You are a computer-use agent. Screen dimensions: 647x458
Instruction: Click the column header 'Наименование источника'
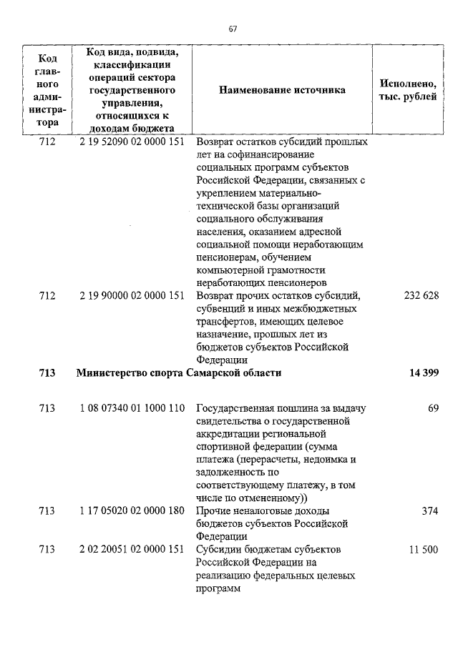coord(282,91)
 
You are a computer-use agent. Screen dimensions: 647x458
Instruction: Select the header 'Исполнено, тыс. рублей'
coord(407,91)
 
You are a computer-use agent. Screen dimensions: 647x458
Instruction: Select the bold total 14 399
coord(422,372)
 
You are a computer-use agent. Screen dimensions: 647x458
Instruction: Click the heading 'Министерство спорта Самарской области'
coord(179,372)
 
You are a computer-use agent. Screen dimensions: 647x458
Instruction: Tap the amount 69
coord(432,408)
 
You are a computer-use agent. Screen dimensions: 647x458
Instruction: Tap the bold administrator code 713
coord(47,372)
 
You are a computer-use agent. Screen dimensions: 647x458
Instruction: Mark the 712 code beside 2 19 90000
coord(47,296)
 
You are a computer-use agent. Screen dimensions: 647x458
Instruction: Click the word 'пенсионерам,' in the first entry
coord(225,257)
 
